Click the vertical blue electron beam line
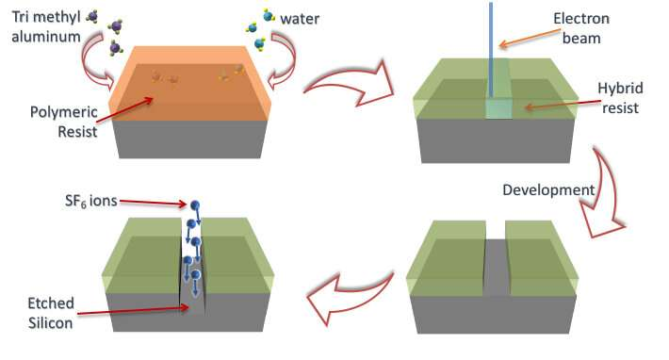pyautogui.click(x=491, y=47)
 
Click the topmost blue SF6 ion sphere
pyautogui.click(x=195, y=205)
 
